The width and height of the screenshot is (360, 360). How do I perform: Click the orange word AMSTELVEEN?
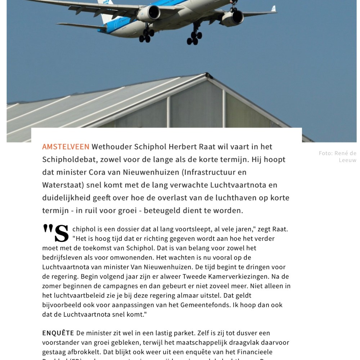(x=66, y=147)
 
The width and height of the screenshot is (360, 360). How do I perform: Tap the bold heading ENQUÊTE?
(x=58, y=333)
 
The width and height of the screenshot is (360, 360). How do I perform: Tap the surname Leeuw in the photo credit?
(x=347, y=160)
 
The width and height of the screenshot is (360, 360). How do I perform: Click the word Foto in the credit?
(x=325, y=153)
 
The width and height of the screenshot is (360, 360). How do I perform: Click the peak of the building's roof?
(x=207, y=75)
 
